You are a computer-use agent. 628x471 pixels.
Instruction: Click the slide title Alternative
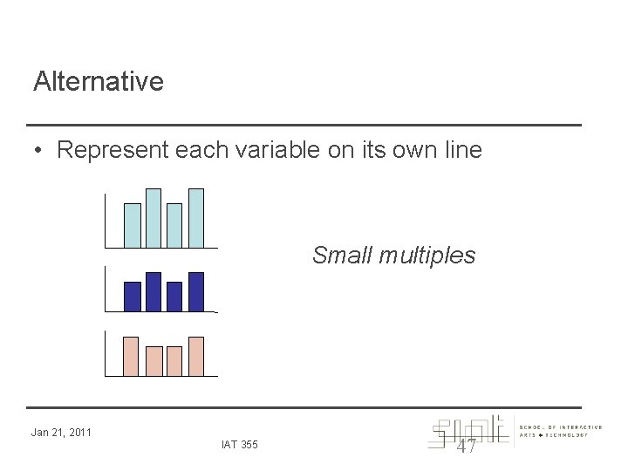98,82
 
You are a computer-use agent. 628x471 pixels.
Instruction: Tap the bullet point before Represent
39,151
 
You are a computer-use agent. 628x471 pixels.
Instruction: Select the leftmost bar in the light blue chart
133,226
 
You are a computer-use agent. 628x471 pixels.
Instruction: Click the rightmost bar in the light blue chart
196,219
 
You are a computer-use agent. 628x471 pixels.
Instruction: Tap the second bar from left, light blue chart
154,219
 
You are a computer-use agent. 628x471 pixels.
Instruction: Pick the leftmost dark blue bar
133,297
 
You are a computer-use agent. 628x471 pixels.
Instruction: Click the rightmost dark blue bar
196,291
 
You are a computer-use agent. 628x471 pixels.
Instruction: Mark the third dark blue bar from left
174,297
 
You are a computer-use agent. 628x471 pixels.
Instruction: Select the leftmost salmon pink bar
133,356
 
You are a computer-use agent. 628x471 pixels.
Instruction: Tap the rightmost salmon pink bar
196,356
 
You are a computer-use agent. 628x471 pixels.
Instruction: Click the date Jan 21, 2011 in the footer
61,431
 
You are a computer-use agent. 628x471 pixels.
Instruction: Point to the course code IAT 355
239,446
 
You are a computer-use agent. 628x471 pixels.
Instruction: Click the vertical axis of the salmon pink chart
104,353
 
